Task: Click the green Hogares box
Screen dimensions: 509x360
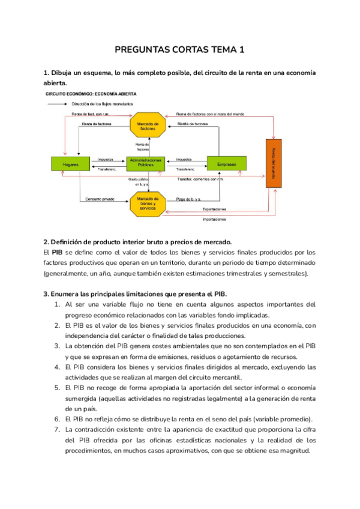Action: click(x=71, y=164)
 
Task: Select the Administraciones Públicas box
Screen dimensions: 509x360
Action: click(x=145, y=164)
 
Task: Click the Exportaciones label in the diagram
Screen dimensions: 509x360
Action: click(x=214, y=209)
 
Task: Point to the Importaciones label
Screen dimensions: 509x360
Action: click(x=214, y=220)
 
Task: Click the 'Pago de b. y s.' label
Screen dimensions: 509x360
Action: click(x=189, y=199)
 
